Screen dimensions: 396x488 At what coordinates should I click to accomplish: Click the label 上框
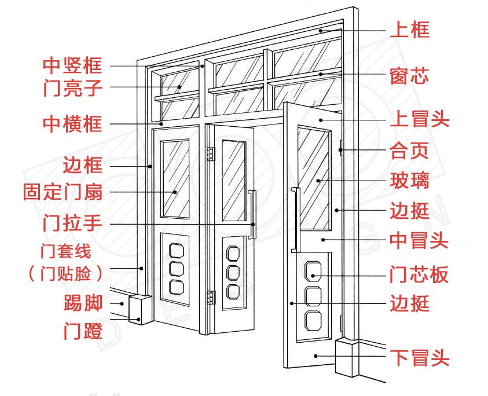(x=410, y=29)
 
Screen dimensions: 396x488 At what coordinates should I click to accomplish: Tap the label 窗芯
(x=410, y=75)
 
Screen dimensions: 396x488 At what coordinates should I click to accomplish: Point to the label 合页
(x=410, y=151)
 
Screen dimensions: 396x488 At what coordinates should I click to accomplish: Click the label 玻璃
(x=410, y=181)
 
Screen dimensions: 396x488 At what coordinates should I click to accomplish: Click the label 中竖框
(x=73, y=64)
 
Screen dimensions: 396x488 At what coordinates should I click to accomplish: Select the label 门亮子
(x=73, y=88)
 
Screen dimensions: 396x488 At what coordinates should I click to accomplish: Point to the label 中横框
(x=73, y=123)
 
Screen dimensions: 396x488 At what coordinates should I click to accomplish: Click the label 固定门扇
(x=63, y=192)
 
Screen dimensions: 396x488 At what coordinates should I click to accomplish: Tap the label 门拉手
(x=73, y=223)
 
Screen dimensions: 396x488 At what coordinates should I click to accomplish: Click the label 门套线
(x=66, y=252)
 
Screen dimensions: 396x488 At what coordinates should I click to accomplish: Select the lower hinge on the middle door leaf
(x=211, y=298)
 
